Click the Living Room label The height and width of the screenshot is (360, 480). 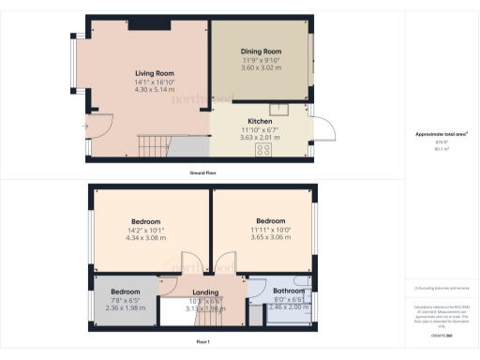(x=155, y=73)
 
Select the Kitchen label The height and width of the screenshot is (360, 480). (x=260, y=122)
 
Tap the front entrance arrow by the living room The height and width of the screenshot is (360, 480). (x=85, y=125)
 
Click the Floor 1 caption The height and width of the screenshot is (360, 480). (x=202, y=343)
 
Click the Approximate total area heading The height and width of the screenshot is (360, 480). (x=441, y=134)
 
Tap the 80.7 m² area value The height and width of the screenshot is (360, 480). (x=441, y=148)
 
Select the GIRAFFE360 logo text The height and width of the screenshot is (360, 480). (x=441, y=336)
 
